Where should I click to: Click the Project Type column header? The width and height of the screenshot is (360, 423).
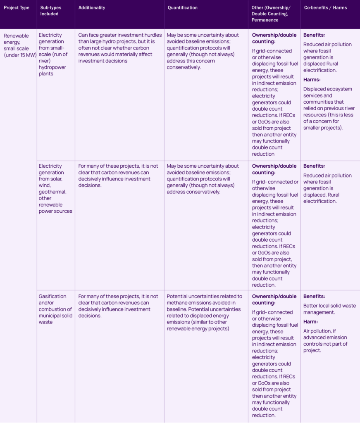coord(17,7)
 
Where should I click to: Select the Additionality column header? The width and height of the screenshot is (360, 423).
coord(92,7)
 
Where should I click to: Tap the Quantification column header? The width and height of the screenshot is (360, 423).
coord(183,7)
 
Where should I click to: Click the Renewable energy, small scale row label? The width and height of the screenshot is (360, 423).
coord(19,45)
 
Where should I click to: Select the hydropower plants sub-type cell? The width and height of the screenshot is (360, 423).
coord(55,54)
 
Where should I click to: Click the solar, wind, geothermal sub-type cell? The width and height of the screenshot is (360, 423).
coord(55,188)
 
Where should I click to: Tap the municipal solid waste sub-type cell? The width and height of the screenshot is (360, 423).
coord(55,309)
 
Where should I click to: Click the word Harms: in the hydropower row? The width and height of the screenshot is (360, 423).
coord(312,79)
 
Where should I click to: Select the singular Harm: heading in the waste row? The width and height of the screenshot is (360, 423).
coord(310,321)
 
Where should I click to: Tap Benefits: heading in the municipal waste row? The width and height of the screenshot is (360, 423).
coord(314,296)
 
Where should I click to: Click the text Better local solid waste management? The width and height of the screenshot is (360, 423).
coord(329,309)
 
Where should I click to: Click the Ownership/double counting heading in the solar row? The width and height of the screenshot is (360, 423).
coord(274,169)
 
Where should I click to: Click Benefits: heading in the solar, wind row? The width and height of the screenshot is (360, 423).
coord(314,166)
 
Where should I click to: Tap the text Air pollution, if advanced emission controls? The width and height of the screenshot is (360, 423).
coord(325,341)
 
